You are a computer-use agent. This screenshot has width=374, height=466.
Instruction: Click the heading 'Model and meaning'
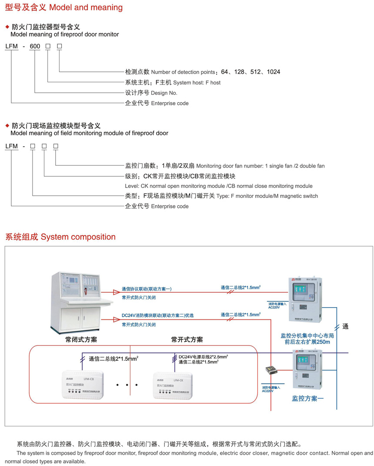[86, 7]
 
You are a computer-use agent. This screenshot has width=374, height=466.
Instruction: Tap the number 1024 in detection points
[274, 72]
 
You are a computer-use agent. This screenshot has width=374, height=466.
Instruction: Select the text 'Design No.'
[164, 93]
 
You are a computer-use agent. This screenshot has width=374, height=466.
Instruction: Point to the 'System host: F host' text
[197, 82]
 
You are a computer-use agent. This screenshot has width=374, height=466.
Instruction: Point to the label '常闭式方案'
[81, 339]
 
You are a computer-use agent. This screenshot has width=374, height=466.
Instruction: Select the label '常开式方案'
[187, 339]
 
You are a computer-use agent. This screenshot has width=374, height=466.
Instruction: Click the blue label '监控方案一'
[308, 398]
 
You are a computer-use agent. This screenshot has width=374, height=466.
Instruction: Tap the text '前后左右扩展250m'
[307, 342]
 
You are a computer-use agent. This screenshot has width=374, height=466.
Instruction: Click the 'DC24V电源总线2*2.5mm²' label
[203, 357]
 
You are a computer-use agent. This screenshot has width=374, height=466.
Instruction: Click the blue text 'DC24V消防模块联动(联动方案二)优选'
[157, 315]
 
